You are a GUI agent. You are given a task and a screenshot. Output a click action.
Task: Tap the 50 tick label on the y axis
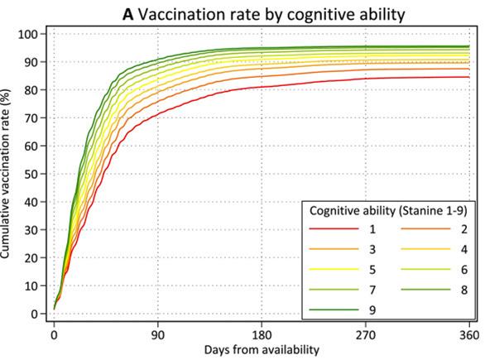(33, 174)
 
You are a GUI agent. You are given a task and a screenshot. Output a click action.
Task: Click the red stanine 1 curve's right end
(469, 77)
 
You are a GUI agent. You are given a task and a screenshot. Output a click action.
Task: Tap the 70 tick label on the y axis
(33, 118)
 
